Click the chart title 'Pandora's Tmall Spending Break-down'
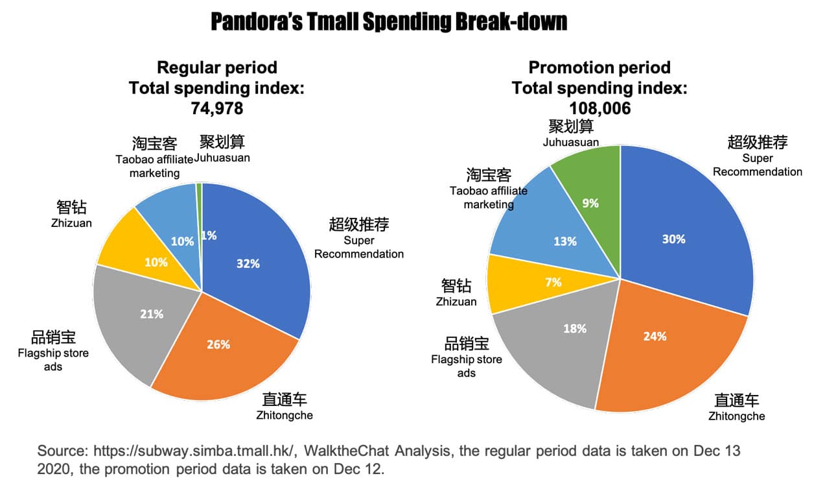(389, 21)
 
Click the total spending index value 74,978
(217, 108)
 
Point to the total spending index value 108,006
(599, 108)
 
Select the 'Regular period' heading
(217, 67)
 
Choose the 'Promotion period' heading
(599, 67)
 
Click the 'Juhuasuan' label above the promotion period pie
(571, 142)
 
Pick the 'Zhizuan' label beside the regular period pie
(71, 223)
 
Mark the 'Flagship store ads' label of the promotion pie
(467, 366)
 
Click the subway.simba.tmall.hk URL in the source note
(194, 451)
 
